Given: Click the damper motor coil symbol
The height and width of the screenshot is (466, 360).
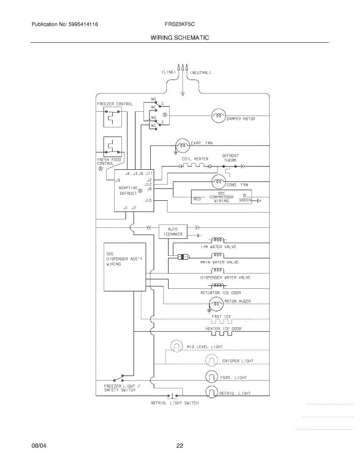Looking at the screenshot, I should (219, 115).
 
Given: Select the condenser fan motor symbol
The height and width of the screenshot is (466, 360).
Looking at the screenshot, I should (219, 181).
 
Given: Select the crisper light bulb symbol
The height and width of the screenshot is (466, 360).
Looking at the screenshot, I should (212, 361).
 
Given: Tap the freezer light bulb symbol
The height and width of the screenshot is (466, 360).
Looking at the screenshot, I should (212, 377).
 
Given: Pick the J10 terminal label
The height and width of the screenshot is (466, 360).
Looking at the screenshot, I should (148, 200).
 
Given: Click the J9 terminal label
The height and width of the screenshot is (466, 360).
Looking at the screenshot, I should (118, 180).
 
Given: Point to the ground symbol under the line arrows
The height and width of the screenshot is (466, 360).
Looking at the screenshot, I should (183, 93).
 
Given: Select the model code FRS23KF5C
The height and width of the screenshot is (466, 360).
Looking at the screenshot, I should (179, 24).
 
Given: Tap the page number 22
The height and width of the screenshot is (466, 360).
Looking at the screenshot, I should (179, 446).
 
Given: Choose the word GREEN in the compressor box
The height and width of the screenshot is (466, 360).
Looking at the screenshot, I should (245, 200).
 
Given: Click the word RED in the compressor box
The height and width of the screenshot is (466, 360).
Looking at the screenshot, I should (197, 199).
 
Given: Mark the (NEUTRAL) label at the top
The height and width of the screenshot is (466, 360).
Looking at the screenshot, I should (200, 73).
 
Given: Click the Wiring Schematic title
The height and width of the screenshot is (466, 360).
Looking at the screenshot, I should (179, 38).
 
